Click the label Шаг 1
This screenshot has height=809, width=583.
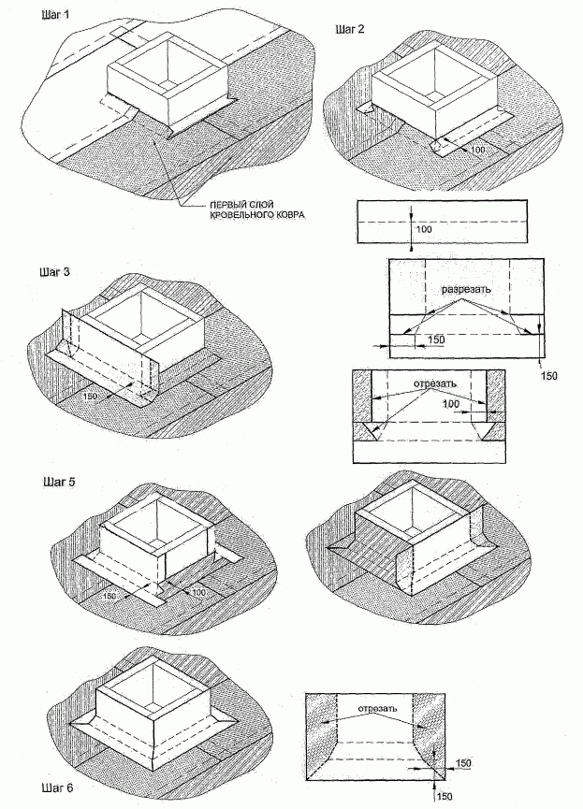(x=54, y=15)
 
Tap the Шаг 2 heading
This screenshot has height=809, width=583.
(x=350, y=29)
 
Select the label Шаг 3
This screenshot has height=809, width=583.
(x=54, y=272)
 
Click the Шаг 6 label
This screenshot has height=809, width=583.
(x=57, y=787)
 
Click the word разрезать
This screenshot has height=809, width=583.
(x=466, y=289)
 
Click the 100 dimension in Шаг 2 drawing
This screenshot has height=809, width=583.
(x=479, y=150)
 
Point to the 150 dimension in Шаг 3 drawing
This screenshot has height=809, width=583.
(x=92, y=397)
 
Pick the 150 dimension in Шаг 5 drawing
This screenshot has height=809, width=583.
(x=109, y=596)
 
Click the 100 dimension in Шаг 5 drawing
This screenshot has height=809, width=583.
(x=199, y=592)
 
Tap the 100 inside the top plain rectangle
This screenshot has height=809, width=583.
(x=423, y=228)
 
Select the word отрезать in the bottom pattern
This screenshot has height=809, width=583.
(x=378, y=708)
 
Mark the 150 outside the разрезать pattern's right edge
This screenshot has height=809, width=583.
(x=548, y=376)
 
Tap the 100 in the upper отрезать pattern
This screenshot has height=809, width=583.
(x=451, y=403)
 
